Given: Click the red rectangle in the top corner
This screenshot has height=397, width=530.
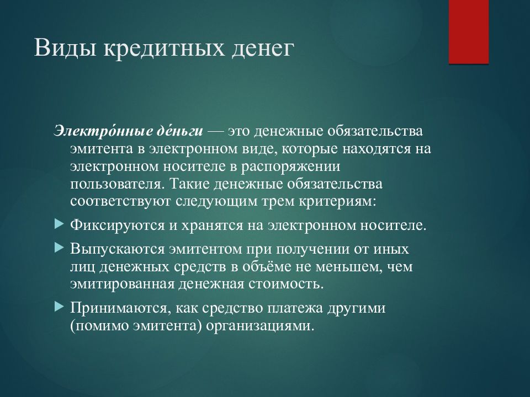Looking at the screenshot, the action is pyautogui.click(x=469, y=32).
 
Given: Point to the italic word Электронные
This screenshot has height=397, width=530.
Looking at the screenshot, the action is pyautogui.click(x=100, y=131).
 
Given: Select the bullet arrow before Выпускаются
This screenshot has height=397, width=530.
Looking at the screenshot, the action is pyautogui.click(x=59, y=248).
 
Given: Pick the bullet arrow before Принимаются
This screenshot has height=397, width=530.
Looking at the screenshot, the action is pyautogui.click(x=59, y=307).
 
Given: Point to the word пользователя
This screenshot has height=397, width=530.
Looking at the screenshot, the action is pyautogui.click(x=118, y=184).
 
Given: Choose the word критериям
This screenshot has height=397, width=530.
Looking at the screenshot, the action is pyautogui.click(x=337, y=202).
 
